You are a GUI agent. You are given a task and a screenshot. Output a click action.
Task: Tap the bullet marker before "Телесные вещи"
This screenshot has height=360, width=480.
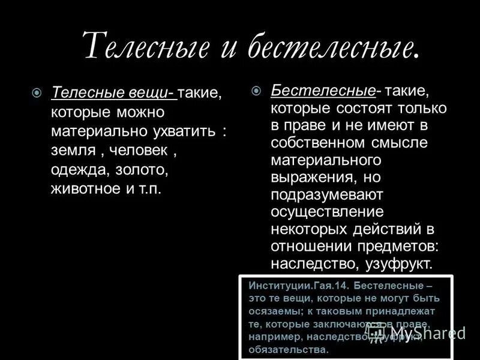(x=37, y=92)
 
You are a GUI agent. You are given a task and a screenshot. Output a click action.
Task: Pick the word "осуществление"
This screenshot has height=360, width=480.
(x=327, y=212)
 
